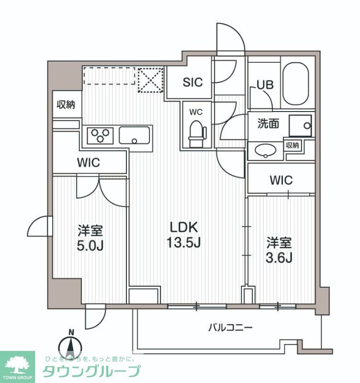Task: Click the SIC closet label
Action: coord(192,82)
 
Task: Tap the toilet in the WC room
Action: coord(196,133)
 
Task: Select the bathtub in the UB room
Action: coord(296,84)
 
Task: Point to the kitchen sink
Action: coord(135,135)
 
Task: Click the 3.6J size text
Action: coord(279,257)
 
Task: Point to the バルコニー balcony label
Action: coord(230,328)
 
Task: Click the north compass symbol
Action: coord(71,346)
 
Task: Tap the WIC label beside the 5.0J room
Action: coord(89,162)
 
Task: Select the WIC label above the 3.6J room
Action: coord(281,180)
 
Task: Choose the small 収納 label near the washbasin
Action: coord(293,145)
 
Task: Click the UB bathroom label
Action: coord(265,85)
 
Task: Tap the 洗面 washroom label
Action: coord(269,124)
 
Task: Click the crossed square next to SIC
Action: coord(150,79)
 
